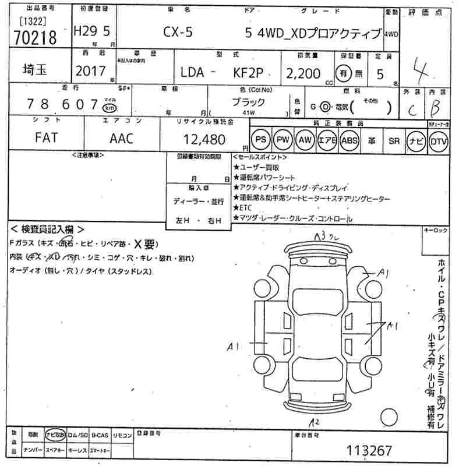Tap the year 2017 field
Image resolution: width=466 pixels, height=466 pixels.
(x=90, y=72)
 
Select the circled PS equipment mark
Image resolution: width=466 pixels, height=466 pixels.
(x=261, y=140)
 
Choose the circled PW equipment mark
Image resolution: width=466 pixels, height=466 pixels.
(x=283, y=140)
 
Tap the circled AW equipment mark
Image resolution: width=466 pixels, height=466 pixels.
(x=305, y=140)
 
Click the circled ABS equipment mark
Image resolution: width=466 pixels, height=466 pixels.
(x=349, y=140)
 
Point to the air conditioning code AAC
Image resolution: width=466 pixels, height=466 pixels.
(x=121, y=138)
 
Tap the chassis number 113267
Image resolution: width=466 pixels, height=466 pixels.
(x=369, y=450)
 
